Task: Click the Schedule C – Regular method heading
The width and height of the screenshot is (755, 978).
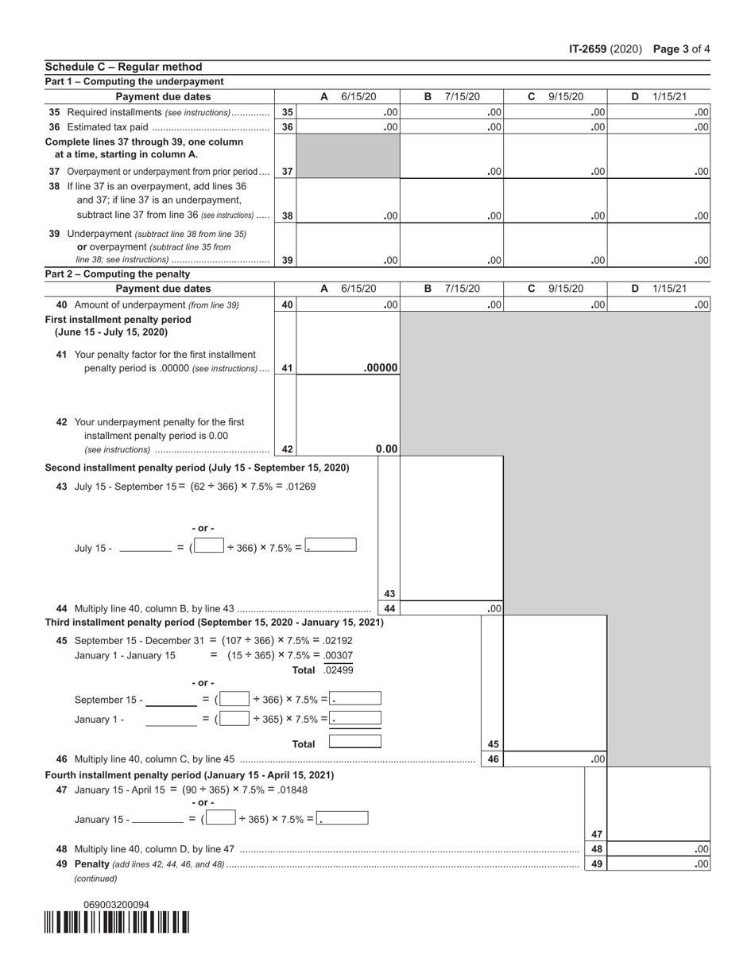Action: pyautogui.click(x=124, y=67)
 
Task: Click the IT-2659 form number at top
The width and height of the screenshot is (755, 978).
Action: pyautogui.click(x=588, y=49)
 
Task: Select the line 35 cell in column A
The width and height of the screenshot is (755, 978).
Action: pyautogui.click(x=347, y=113)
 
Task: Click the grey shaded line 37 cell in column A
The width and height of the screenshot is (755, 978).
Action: pyautogui.click(x=347, y=157)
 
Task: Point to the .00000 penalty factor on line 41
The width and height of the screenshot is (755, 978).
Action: pyautogui.click(x=381, y=368)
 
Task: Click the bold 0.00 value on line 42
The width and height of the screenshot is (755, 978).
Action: pyautogui.click(x=386, y=449)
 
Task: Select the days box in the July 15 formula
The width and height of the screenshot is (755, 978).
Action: pyautogui.click(x=209, y=546)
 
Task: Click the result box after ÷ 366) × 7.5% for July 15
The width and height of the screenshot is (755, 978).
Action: pyautogui.click(x=331, y=546)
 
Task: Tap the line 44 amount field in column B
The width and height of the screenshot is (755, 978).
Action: pyautogui.click(x=451, y=609)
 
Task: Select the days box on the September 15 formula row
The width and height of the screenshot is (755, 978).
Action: pyautogui.click(x=234, y=699)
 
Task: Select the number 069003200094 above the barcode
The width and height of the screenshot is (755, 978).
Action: pyautogui.click(x=116, y=905)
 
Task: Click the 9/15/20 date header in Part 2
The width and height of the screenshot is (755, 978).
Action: pyautogui.click(x=566, y=289)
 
